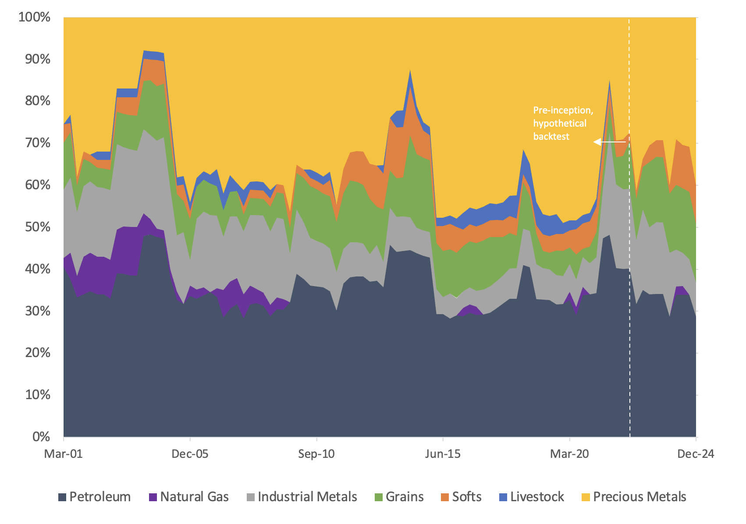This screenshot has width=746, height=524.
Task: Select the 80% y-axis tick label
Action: (38, 101)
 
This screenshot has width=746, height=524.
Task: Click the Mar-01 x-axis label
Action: (64, 454)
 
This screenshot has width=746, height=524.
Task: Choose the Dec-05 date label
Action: (190, 454)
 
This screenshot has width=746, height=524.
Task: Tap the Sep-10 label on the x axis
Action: (316, 454)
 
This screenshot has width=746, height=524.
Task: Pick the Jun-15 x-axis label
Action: (443, 454)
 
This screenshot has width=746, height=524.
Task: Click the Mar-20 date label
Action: (569, 454)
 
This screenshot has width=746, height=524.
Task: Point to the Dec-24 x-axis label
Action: (696, 454)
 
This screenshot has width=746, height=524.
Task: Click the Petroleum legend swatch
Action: (63, 497)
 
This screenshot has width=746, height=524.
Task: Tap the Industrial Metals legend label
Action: (307, 497)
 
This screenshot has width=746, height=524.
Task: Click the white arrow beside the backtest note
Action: (609, 142)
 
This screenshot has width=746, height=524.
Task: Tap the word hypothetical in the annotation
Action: (560, 124)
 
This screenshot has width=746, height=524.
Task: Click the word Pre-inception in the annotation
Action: (562, 110)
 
